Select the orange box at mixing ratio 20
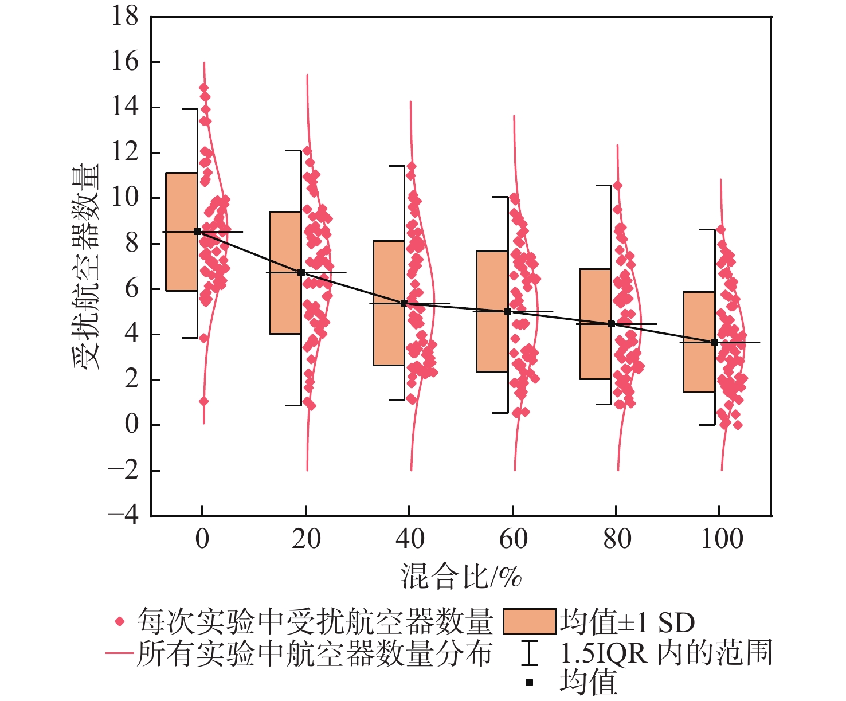click(x=285, y=272)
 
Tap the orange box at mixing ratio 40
click(x=389, y=303)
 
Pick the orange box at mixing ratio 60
click(x=492, y=311)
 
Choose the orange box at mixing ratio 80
click(x=595, y=324)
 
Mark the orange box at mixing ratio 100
click(x=699, y=342)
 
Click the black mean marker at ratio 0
click(x=198, y=232)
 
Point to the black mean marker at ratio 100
click(x=715, y=342)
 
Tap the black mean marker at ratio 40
click(x=404, y=303)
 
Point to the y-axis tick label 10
click(x=125, y=198)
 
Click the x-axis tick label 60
click(x=513, y=539)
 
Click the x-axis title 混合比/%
click(x=461, y=576)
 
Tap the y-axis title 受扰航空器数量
click(x=86, y=267)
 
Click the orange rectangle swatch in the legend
click(x=529, y=622)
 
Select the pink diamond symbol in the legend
click(x=120, y=621)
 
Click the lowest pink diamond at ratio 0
click(x=203, y=401)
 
